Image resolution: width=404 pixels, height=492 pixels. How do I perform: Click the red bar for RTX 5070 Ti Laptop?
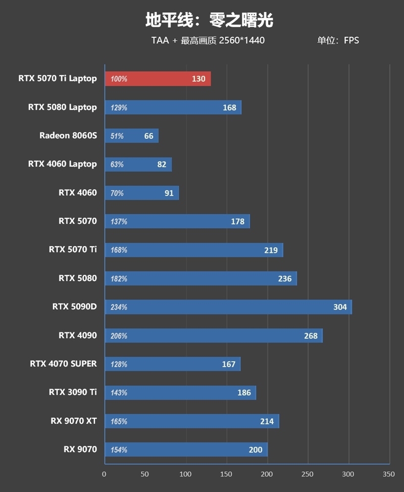[x=158, y=79]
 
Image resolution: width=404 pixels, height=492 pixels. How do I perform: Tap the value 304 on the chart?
[x=340, y=307]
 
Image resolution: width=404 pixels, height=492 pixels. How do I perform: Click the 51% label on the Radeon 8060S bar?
[x=117, y=136]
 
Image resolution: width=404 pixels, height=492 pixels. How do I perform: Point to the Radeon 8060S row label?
[x=68, y=135]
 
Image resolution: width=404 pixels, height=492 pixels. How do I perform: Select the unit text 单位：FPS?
[x=338, y=40]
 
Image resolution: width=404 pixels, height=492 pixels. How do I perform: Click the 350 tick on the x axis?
[x=388, y=474]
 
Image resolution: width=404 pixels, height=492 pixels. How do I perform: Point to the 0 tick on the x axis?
[x=104, y=474]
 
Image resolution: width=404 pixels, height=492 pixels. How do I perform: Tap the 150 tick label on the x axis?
[x=226, y=474]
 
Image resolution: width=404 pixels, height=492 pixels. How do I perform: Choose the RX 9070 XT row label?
[x=73, y=421]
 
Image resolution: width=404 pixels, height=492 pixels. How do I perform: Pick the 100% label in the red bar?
[x=119, y=79]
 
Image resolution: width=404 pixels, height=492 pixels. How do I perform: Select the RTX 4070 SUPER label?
[x=63, y=364]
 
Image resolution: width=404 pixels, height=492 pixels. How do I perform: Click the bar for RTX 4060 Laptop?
[x=138, y=164]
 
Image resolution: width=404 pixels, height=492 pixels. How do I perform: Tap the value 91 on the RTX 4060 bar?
[x=169, y=193]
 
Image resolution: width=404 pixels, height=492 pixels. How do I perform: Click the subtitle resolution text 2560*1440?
[x=241, y=40]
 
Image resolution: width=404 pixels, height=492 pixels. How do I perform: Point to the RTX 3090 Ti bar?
[x=180, y=393]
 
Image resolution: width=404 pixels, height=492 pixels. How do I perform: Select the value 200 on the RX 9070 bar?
[x=256, y=450]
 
